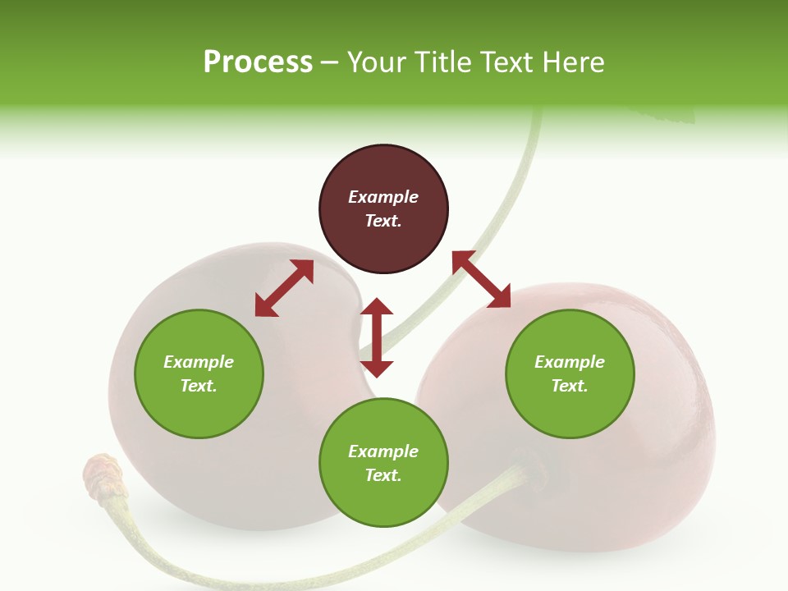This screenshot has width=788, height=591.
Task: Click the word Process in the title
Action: click(x=258, y=62)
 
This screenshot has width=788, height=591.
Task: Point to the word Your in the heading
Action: click(x=377, y=62)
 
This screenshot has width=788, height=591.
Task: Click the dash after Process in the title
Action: click(x=330, y=63)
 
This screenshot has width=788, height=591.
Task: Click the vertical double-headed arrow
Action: click(x=377, y=337)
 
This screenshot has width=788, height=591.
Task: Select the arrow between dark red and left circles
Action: click(x=284, y=288)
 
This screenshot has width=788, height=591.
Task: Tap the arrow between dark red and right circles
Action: click(x=481, y=279)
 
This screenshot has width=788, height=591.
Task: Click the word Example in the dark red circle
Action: click(x=383, y=197)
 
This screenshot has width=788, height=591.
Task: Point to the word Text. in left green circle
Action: click(x=199, y=386)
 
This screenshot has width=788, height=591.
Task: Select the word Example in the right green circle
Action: click(x=570, y=362)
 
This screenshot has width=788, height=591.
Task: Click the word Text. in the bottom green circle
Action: click(x=383, y=475)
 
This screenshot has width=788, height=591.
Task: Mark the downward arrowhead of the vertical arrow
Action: click(x=377, y=368)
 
